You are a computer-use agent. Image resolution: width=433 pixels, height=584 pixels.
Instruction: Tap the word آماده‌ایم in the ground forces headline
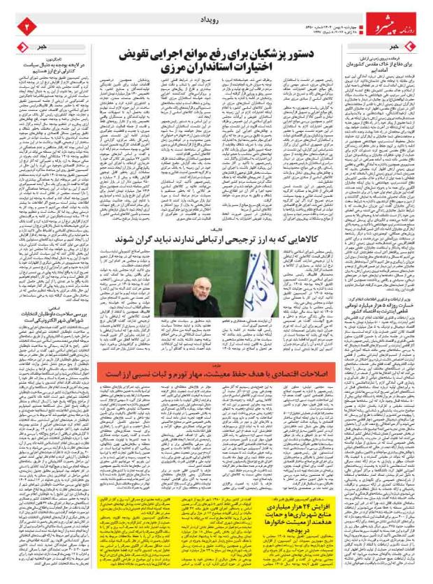pos(374,70)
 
